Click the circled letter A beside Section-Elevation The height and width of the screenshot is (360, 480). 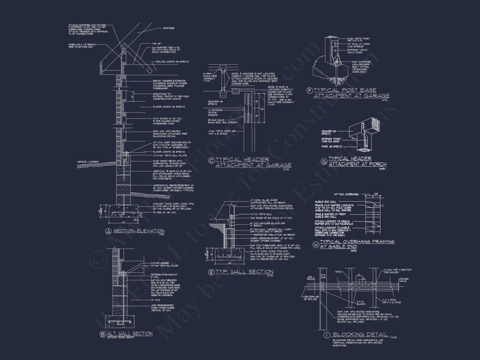108,231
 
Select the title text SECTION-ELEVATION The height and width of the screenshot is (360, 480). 139,231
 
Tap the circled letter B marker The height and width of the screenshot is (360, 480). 103,334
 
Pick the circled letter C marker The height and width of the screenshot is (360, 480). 212,161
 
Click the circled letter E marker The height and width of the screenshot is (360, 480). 212,272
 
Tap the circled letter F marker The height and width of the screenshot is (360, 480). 309,91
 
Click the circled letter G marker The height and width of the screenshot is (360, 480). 324,161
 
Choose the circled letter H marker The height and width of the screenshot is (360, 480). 315,244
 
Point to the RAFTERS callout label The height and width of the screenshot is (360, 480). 168,28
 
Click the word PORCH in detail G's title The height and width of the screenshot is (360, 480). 374,164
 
